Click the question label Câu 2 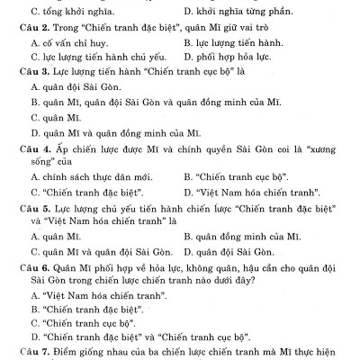click(33, 27)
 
